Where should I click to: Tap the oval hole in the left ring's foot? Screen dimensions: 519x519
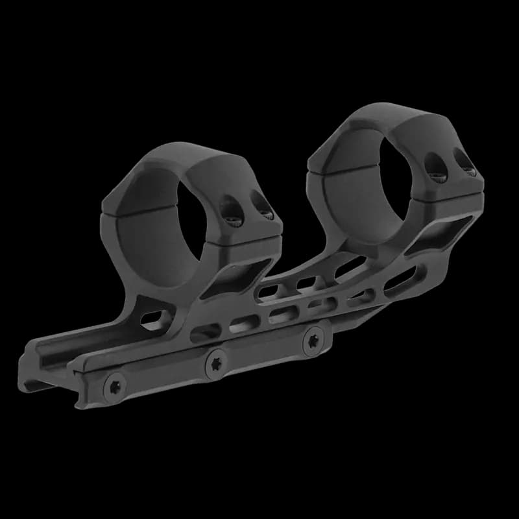click(x=154, y=318)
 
